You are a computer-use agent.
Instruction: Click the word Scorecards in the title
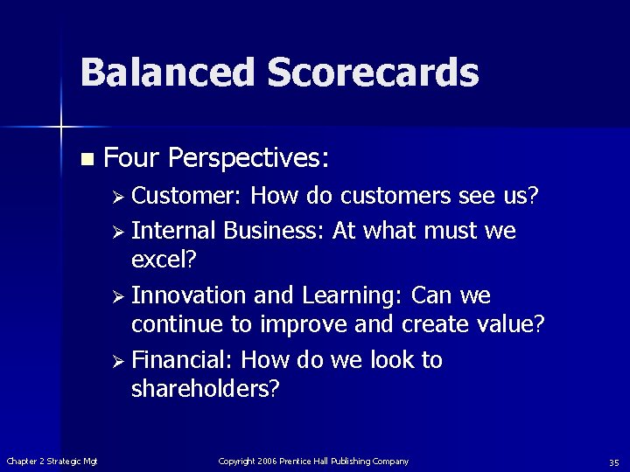[x=373, y=73]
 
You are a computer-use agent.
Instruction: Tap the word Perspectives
[x=248, y=158]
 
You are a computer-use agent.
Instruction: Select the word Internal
[x=174, y=231]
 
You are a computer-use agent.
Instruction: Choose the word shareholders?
[x=205, y=389]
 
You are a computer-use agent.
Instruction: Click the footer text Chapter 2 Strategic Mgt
[x=52, y=461]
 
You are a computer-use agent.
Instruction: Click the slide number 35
[x=613, y=462]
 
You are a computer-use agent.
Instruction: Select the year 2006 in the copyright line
[x=267, y=461]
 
